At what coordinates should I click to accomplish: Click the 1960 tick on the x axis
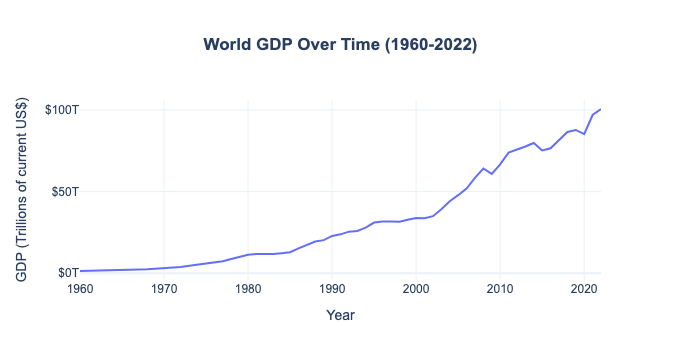click(80, 289)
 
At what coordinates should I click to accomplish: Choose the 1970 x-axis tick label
click(164, 289)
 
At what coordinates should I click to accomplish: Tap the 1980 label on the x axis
click(248, 289)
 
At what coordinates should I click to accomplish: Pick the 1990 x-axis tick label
click(332, 289)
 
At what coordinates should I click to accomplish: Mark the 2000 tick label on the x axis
click(416, 289)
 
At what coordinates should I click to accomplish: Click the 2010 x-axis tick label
click(500, 289)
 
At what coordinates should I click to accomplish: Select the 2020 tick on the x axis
click(584, 289)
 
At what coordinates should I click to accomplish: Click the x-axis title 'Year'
click(340, 315)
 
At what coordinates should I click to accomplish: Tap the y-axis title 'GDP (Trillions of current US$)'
click(21, 190)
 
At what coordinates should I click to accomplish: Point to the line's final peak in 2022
click(600, 109)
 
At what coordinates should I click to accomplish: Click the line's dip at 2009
click(491, 174)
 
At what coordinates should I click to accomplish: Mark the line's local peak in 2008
click(483, 168)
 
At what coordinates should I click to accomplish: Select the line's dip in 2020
click(584, 134)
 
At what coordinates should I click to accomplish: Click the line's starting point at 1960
click(80, 270)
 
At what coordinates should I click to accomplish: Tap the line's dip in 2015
click(542, 150)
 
